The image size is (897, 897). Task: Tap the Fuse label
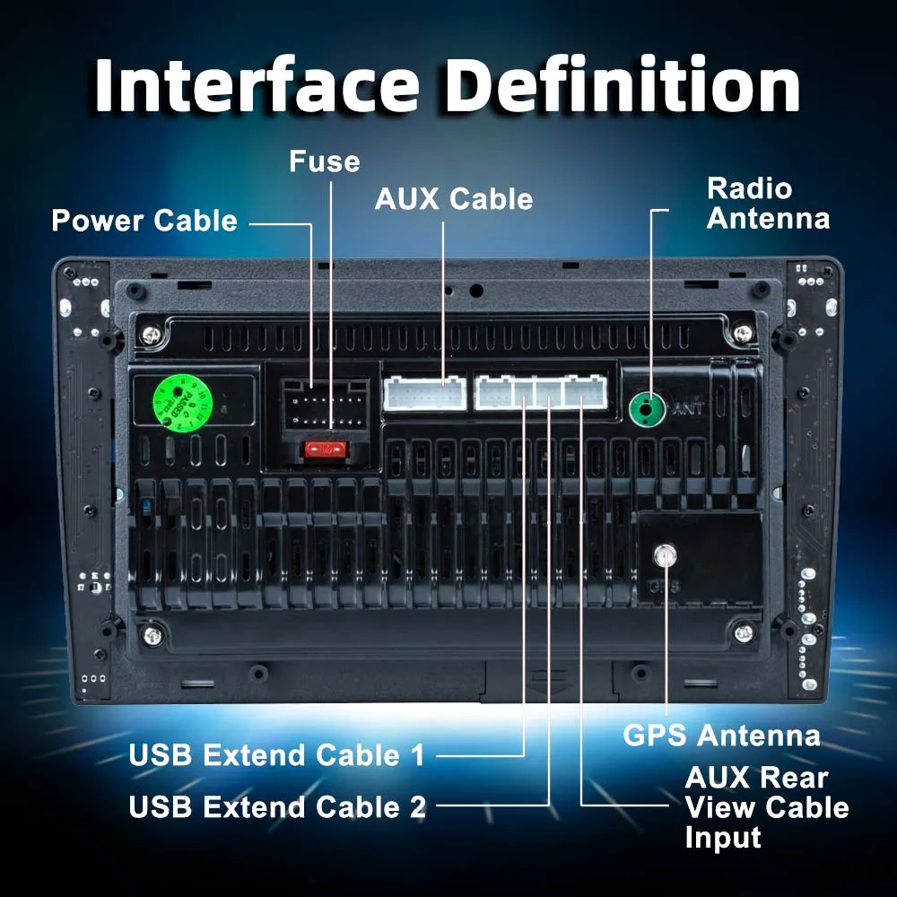click(x=324, y=161)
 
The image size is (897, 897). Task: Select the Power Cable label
click(x=144, y=221)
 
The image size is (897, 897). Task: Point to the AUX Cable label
click(x=453, y=198)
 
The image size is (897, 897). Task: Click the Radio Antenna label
click(x=768, y=204)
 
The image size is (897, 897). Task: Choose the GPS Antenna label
click(x=721, y=736)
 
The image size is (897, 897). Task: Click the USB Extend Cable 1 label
click(x=276, y=755)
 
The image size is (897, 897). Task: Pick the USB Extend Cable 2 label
click(x=277, y=807)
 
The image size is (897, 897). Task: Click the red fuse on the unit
click(x=324, y=448)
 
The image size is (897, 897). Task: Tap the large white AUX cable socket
click(x=424, y=393)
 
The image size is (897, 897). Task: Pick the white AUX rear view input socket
click(x=584, y=392)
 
